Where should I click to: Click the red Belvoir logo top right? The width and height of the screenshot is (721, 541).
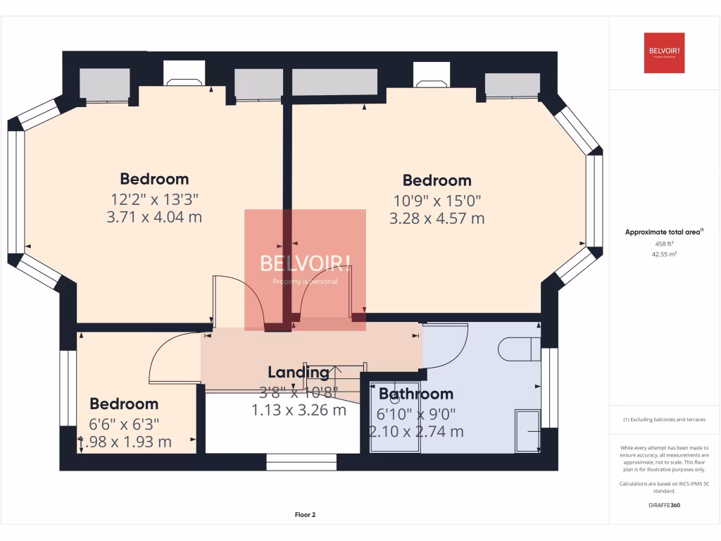664,53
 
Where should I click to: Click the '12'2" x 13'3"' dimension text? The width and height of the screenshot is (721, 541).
154,198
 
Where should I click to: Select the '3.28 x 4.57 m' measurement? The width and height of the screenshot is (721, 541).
437,218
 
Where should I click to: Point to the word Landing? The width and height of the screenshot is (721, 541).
298,372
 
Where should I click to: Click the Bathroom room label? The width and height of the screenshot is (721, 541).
416,394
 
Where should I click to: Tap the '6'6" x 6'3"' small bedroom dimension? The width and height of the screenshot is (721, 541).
124,423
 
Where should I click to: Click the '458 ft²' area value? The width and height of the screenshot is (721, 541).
664,243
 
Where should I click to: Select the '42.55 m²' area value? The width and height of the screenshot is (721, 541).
664,254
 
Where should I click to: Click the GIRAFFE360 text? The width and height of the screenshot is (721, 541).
664,505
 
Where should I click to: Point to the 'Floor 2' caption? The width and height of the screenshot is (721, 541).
305,515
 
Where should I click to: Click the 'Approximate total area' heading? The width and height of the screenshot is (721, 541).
663,232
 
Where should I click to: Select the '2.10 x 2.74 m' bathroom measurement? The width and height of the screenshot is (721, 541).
416,432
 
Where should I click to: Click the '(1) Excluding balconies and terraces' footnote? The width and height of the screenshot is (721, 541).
664,419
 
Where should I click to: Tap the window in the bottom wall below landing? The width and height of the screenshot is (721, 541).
301,462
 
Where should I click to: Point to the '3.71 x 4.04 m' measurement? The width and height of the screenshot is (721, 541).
154,217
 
